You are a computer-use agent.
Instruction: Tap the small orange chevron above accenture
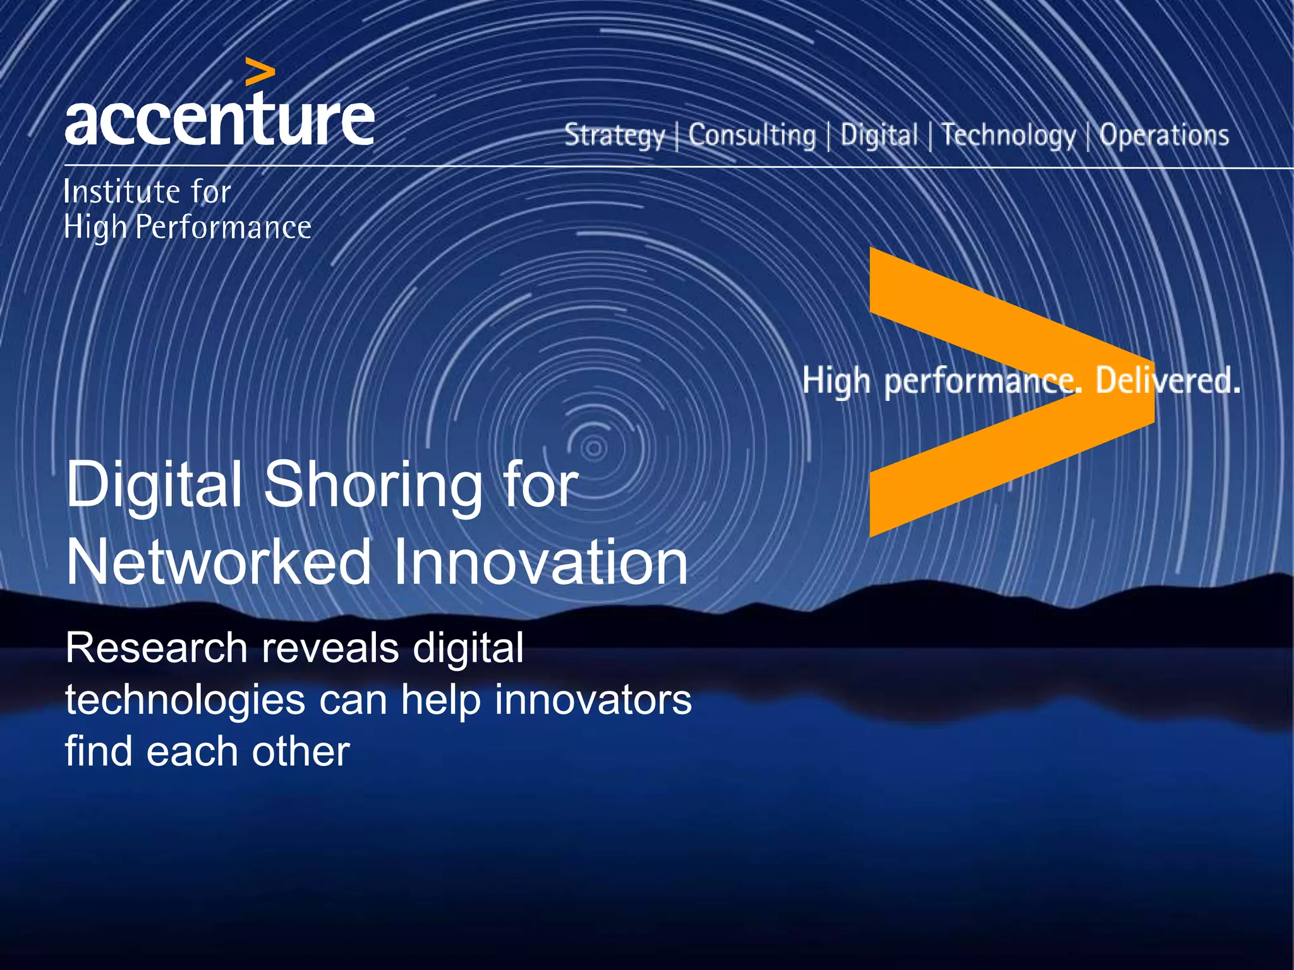pyautogui.click(x=260, y=72)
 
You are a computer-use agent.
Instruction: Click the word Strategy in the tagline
pyautogui.click(x=614, y=136)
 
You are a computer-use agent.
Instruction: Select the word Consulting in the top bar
pyautogui.click(x=752, y=135)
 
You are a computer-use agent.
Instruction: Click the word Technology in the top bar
pyautogui.click(x=1008, y=136)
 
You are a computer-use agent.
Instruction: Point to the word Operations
pyautogui.click(x=1164, y=135)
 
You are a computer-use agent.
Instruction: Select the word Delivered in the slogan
pyautogui.click(x=1168, y=381)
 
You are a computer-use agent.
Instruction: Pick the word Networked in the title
pyautogui.click(x=218, y=562)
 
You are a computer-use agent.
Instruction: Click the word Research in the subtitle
pyautogui.click(x=156, y=648)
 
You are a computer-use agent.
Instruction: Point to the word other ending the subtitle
pyautogui.click(x=300, y=751)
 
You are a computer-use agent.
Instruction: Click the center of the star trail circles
pyautogui.click(x=593, y=449)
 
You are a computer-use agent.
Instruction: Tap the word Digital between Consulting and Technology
pyautogui.click(x=878, y=135)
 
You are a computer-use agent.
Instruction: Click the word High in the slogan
pyautogui.click(x=836, y=381)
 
